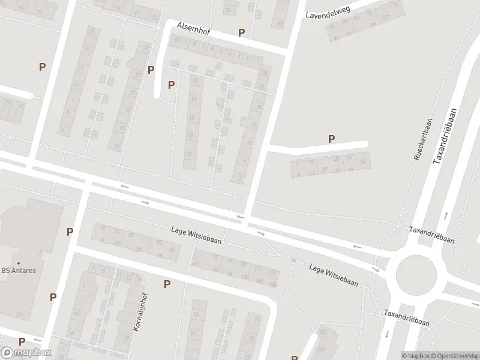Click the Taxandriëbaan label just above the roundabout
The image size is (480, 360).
coord(431,234)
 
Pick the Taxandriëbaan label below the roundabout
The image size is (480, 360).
coord(407,318)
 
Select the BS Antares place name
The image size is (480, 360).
coord(18,271)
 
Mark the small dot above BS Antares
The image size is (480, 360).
coord(18,262)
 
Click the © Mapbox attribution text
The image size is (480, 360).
coord(416,356)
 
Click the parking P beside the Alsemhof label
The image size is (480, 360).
coord(241,33)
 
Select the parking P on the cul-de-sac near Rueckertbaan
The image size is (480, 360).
coord(331,139)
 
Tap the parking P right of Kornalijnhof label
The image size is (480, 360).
coord(167,284)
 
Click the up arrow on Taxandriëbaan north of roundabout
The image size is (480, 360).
coord(446,215)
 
